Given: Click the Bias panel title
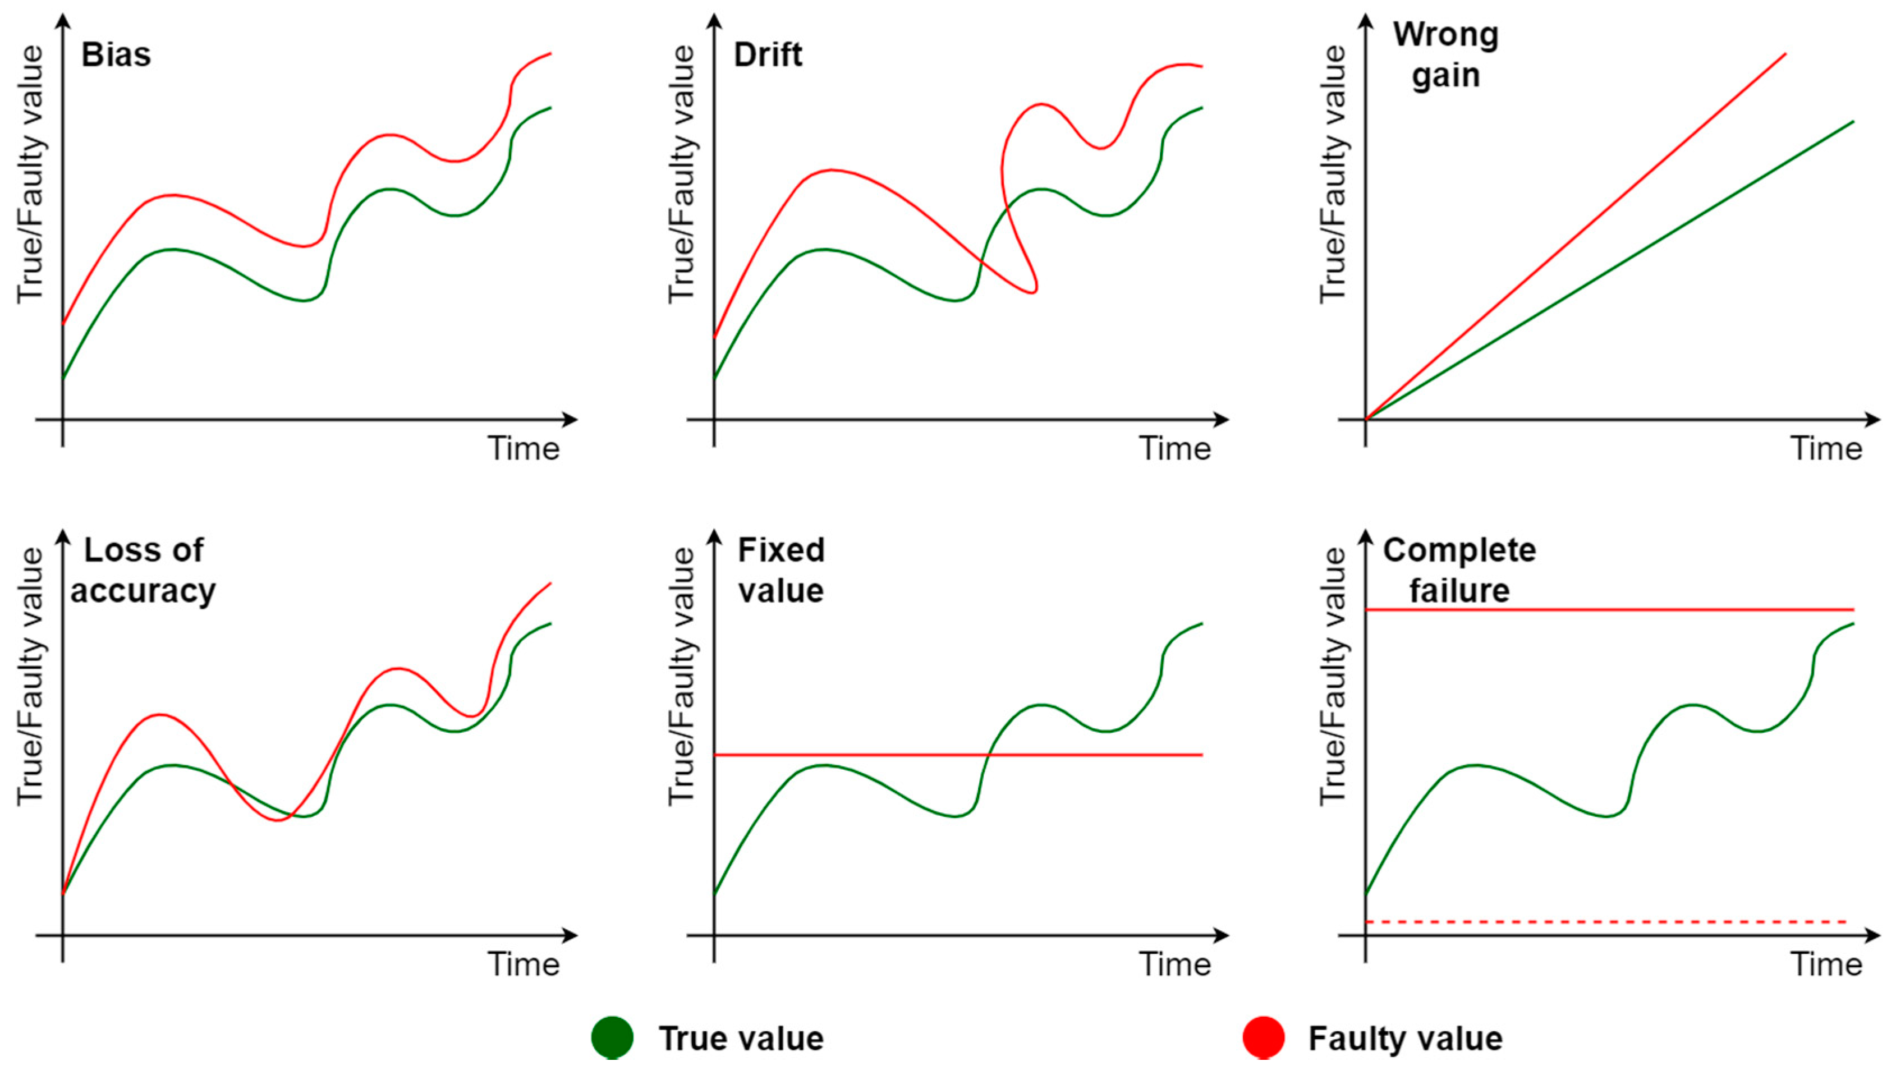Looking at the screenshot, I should point(116,54).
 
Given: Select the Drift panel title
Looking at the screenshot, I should point(767,54).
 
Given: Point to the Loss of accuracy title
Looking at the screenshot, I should point(143,570).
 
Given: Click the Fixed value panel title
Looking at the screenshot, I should point(781,570).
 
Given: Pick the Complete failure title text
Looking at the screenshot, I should point(1459,570).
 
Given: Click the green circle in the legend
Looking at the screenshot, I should point(612,1037).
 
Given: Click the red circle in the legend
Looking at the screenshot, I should point(1263,1037).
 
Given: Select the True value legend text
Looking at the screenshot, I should point(741,1038).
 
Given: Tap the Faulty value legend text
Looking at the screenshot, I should point(1405,1038).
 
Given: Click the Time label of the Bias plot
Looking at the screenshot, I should point(524,448).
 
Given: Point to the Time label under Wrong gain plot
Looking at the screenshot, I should point(1826,448).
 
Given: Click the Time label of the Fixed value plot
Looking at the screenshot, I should point(1174,964).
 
